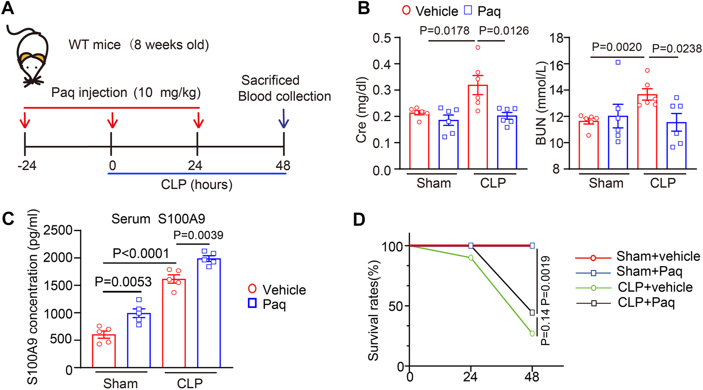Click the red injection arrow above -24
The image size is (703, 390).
(x=25, y=119)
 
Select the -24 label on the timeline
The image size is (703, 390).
(x=27, y=166)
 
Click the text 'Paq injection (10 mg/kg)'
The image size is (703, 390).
(x=126, y=93)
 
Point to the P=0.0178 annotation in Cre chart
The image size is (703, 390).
(x=444, y=31)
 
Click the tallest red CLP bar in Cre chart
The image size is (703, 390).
(x=478, y=127)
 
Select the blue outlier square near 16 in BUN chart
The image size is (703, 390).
(x=618, y=62)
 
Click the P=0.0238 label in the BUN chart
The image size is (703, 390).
(x=677, y=49)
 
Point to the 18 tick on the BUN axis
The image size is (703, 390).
(x=557, y=38)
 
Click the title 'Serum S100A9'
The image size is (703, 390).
(x=158, y=219)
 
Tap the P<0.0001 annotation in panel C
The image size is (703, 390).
(x=141, y=253)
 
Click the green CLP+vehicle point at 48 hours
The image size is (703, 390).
(x=533, y=334)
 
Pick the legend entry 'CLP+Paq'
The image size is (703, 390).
(x=645, y=303)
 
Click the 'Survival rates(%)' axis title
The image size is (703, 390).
(x=373, y=310)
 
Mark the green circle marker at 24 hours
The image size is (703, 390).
(x=471, y=258)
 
